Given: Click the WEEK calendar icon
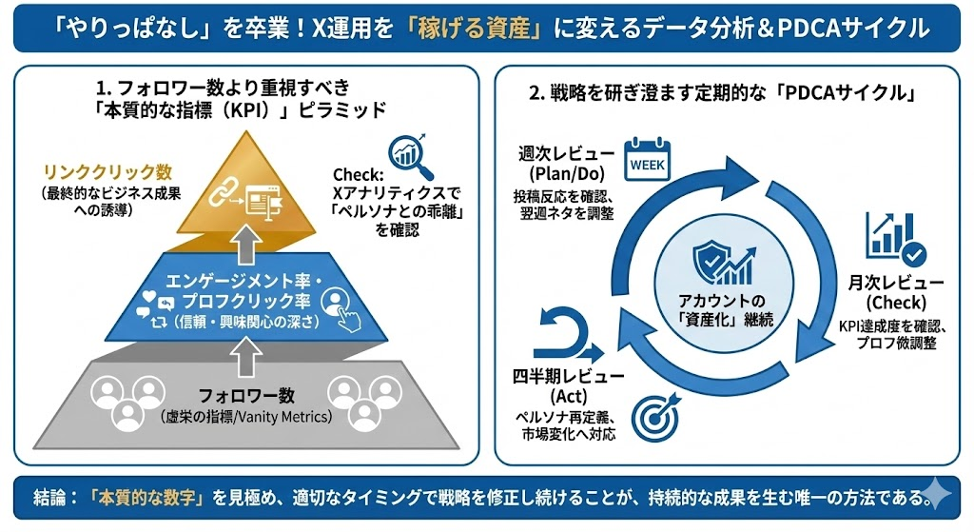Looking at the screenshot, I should [x=648, y=160].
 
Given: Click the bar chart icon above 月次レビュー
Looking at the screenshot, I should [x=892, y=239].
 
